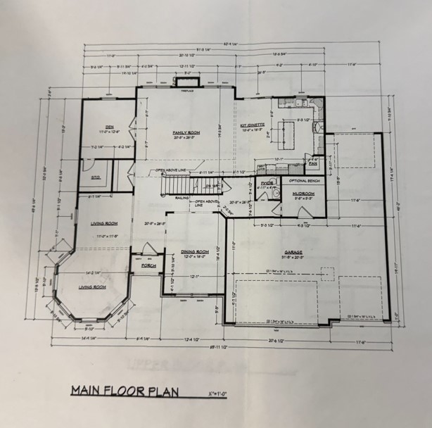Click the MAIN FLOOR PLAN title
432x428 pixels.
click(x=124, y=390)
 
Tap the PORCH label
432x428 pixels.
click(x=148, y=265)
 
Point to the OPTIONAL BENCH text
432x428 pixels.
click(x=305, y=181)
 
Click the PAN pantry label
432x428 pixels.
click(x=313, y=164)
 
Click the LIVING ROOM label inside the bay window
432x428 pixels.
click(x=91, y=287)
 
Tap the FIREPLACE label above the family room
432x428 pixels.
click(x=187, y=92)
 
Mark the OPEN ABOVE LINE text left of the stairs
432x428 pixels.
click(x=172, y=170)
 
